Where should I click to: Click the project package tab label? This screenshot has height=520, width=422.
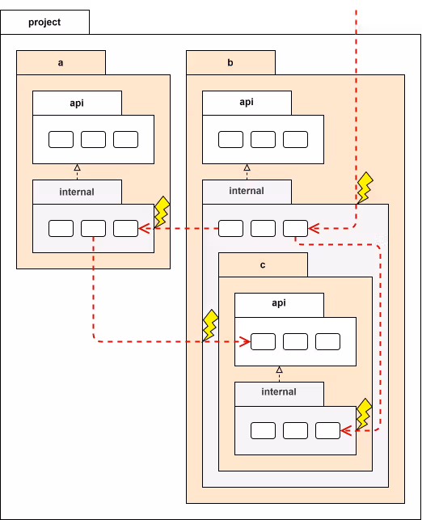[x=44, y=22]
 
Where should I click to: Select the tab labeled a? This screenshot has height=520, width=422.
[x=61, y=63]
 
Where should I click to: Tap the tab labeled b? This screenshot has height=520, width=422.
[x=230, y=63]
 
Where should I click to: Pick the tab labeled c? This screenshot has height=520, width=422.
[x=263, y=264]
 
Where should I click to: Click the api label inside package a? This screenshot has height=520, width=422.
[x=77, y=103]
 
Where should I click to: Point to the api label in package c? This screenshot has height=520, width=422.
[x=279, y=303]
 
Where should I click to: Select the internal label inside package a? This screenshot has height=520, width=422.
[x=77, y=192]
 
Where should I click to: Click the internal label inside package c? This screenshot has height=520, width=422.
[x=279, y=391]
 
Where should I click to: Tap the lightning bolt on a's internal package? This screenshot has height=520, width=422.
[x=162, y=212]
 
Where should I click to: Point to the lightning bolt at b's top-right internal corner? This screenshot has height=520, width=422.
[x=365, y=188]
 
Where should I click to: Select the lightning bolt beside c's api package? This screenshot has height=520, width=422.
[x=210, y=325]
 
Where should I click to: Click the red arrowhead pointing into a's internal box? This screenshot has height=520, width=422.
[x=144, y=229]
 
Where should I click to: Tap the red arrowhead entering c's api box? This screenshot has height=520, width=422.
[x=245, y=341]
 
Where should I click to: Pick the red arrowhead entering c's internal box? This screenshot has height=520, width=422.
[x=346, y=431]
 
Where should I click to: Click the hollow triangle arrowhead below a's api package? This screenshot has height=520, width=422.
[x=78, y=167]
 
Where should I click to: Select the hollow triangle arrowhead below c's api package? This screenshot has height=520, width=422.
[x=280, y=370]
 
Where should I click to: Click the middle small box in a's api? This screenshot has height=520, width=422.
[x=94, y=139]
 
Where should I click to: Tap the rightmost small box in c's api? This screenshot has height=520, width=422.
[x=328, y=341]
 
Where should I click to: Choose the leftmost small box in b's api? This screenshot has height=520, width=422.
[x=230, y=139]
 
